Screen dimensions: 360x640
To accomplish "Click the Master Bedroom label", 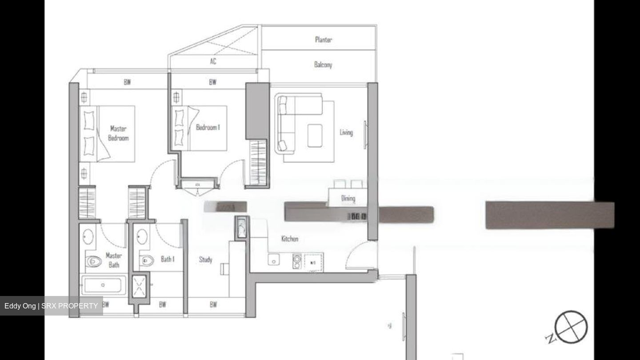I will (118, 133).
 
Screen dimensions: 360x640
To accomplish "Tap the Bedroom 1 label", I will (208, 128).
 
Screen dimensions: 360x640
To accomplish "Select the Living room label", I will (346, 132).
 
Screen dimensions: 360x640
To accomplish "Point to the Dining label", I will (348, 198).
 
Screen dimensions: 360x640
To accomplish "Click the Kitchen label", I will (290, 239).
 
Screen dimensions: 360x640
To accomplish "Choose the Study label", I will (205, 260).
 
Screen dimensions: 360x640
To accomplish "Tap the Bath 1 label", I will (168, 259).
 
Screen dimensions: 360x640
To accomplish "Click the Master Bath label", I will (114, 260).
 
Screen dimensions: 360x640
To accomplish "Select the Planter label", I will (323, 40).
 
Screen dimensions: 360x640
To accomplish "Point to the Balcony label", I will (323, 64).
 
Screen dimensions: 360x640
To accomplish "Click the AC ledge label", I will (213, 61).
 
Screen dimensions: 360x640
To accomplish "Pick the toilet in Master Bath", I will (93, 261).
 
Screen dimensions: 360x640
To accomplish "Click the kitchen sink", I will (274, 260).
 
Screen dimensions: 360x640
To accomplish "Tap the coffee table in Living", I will (315, 135).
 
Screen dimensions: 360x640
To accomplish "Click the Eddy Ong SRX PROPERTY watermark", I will (51, 306).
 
